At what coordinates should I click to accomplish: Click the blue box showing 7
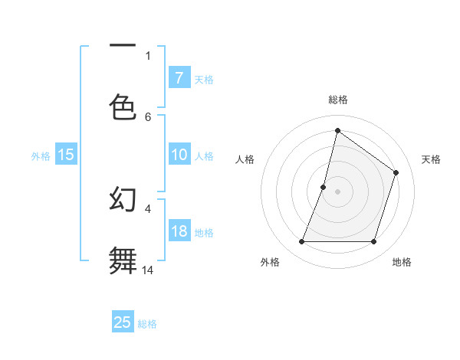179,78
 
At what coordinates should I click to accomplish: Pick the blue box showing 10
179,155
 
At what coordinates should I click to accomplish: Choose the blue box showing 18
179,231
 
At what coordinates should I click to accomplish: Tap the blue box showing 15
66,155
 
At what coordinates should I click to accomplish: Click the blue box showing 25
123,322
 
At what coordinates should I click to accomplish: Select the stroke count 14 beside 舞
148,270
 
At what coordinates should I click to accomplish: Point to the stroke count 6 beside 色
148,116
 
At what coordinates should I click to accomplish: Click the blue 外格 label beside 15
41,155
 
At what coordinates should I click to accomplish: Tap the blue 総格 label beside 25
148,324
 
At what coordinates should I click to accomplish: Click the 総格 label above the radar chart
338,100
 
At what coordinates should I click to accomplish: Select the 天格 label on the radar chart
432,159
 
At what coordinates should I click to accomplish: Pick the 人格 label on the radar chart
245,159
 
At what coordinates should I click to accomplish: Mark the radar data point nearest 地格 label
374,242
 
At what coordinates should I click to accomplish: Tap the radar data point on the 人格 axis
324,187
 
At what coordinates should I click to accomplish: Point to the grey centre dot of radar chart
338,191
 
